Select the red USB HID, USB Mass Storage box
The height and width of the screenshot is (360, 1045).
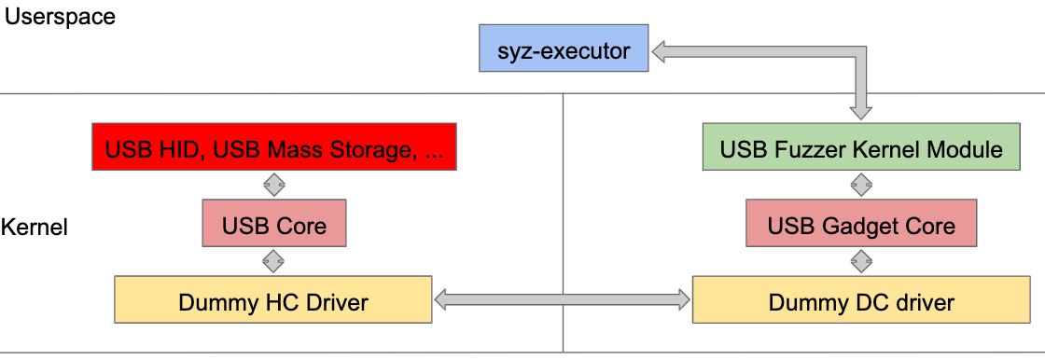click(274, 148)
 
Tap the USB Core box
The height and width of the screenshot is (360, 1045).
click(273, 225)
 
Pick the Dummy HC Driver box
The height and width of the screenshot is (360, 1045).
click(272, 300)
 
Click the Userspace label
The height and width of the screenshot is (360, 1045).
click(61, 16)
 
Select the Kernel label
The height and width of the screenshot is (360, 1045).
click(35, 227)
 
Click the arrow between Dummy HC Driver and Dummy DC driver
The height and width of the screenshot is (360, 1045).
click(563, 299)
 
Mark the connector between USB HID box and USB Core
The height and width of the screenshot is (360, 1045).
click(273, 185)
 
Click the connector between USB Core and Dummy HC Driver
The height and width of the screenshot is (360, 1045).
click(273, 261)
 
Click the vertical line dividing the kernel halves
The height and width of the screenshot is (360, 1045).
click(564, 187)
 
